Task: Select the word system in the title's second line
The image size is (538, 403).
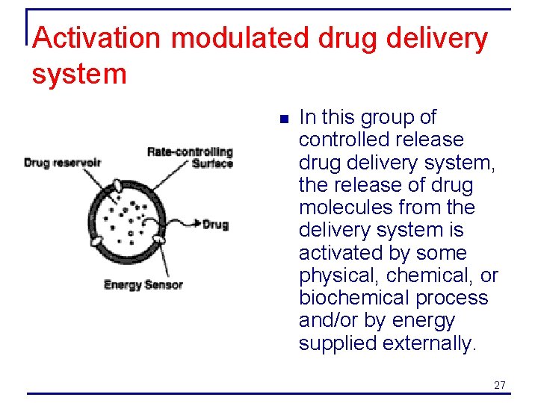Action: pos(79,74)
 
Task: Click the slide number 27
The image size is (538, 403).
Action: pos(500,385)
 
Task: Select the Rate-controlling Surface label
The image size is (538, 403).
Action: pos(191,157)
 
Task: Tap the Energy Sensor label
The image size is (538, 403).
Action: pos(143,284)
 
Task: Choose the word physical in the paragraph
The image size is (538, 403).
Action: pos(338,275)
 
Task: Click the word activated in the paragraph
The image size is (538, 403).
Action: pos(340,253)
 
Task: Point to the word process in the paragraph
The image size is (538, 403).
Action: pos(452,298)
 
